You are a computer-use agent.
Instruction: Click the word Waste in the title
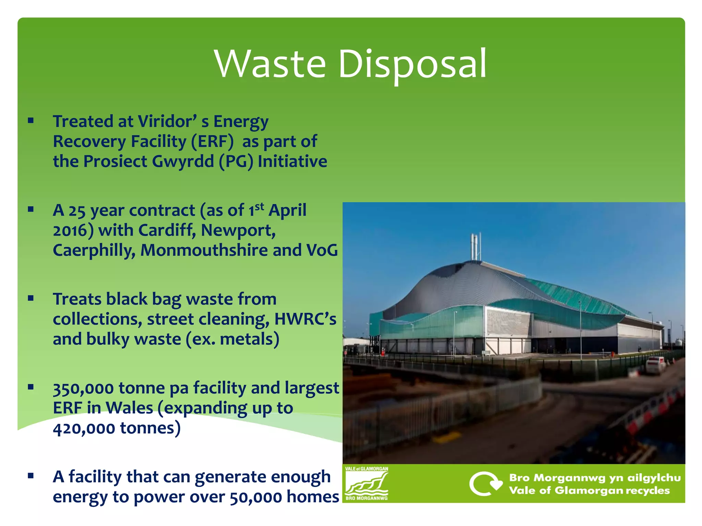(270, 64)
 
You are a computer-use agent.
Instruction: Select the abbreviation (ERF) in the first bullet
(213, 141)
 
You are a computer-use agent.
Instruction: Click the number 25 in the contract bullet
(77, 211)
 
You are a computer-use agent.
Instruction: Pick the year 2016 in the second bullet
(71, 230)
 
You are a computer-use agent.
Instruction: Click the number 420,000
(84, 428)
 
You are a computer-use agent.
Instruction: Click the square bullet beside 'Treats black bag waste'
(31, 298)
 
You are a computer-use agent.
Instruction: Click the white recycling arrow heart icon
(485, 484)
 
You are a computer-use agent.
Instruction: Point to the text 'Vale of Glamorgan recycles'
(589, 491)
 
